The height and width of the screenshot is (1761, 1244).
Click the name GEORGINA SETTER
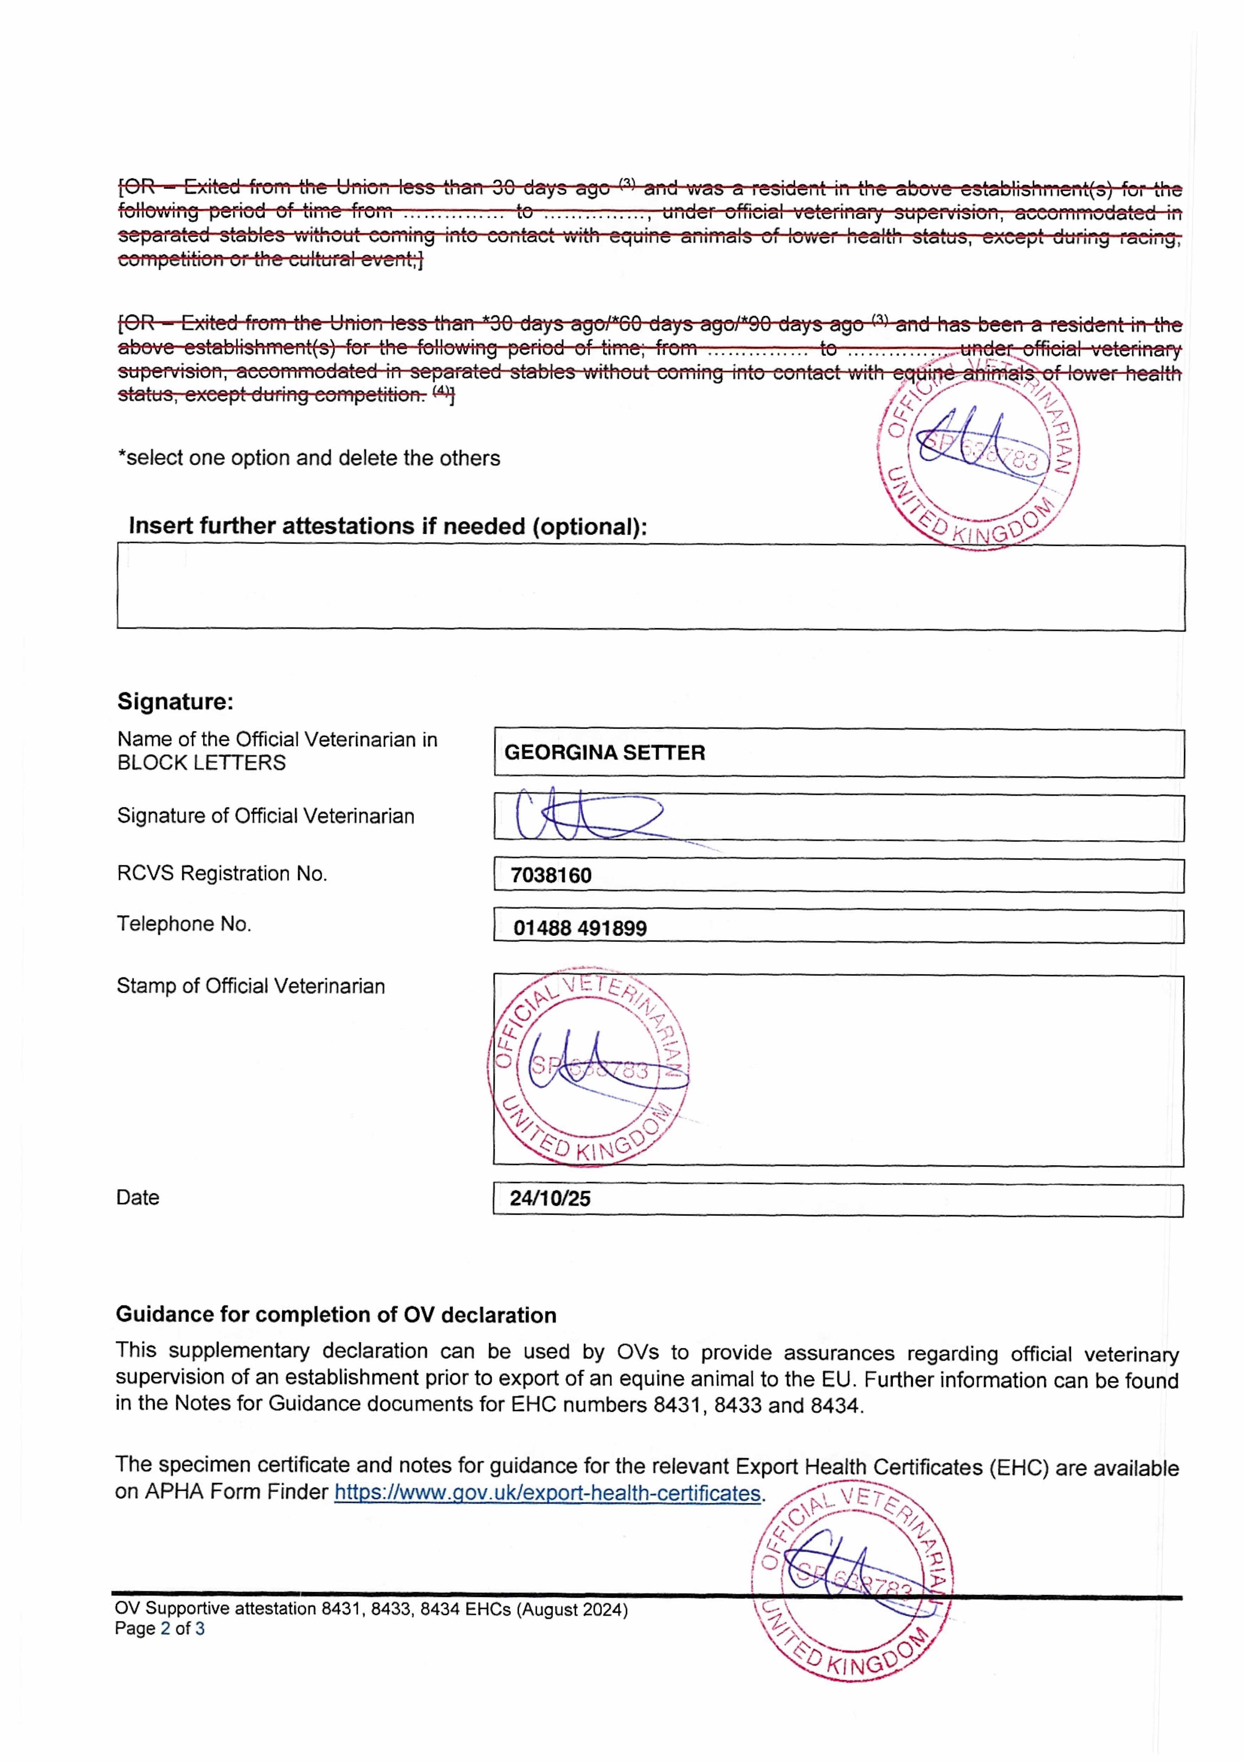604,752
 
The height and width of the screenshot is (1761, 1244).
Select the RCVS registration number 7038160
551,875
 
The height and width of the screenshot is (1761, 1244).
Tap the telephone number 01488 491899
580,928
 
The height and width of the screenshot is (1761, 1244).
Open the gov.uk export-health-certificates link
547,1493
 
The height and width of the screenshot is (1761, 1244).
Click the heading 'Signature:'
175,701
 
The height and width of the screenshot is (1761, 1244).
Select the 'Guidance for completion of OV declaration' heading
336,1315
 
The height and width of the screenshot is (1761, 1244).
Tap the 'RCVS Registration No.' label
221,873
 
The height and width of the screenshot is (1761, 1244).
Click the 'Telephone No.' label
184,923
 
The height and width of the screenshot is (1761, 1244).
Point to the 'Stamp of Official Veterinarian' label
251,985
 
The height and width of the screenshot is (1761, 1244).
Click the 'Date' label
138,1197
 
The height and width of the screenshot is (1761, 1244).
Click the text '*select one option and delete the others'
308,458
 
